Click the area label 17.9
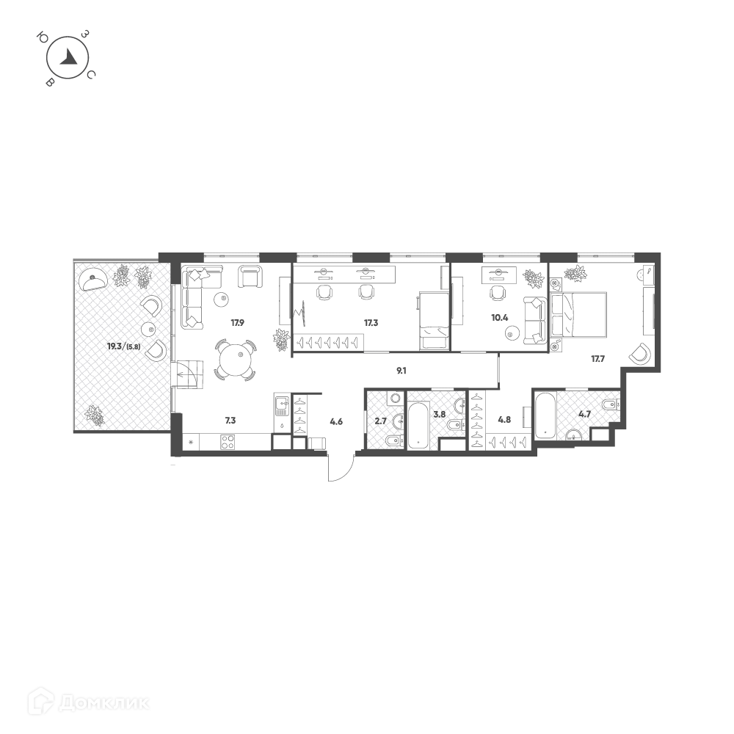(237, 322)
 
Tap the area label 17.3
(371, 322)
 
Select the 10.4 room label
(499, 318)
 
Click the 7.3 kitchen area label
(230, 421)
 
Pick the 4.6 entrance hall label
(336, 422)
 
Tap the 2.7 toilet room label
(380, 421)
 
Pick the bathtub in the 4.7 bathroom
(546, 415)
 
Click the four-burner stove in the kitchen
(228, 443)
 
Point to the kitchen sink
(283, 406)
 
